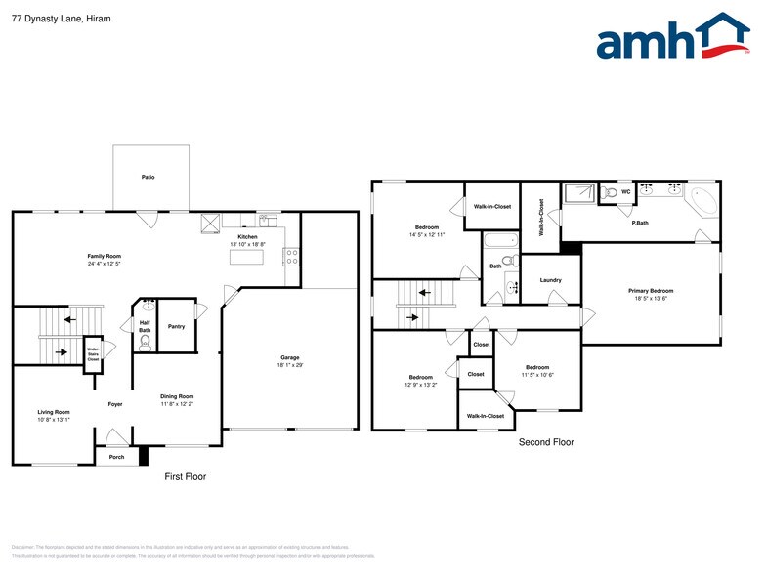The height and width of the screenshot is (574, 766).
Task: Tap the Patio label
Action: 148,177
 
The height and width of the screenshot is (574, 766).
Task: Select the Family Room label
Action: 104,256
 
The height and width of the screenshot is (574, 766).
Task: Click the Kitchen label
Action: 247,237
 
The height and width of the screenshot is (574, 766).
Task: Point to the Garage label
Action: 290,358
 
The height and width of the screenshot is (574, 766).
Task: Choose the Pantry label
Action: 176,326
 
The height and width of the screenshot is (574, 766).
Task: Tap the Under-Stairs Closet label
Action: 93,354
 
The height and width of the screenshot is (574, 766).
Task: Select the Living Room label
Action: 54,412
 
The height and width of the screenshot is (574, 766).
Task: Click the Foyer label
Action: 114,403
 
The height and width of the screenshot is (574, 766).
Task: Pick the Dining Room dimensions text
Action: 177,404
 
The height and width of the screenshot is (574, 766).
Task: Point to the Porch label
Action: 116,456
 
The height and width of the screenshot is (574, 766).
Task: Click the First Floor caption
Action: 185,476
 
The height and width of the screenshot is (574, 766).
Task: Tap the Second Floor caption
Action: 545,442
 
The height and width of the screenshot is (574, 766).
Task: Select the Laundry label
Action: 550,280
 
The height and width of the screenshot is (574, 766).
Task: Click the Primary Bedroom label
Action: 650,291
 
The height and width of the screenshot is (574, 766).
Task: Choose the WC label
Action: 625,192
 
